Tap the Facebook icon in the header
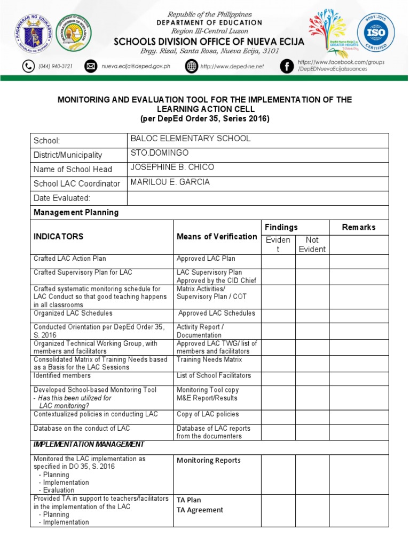287,67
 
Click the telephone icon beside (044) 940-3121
28,67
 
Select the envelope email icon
91,67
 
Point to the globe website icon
191,67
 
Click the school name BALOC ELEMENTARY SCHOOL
190,139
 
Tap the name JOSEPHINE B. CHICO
172,167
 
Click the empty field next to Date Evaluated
257,198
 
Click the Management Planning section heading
76,212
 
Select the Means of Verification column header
217,236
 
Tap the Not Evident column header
312,245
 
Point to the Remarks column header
359,227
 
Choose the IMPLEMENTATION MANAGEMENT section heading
89,444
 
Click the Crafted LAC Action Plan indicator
69,259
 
